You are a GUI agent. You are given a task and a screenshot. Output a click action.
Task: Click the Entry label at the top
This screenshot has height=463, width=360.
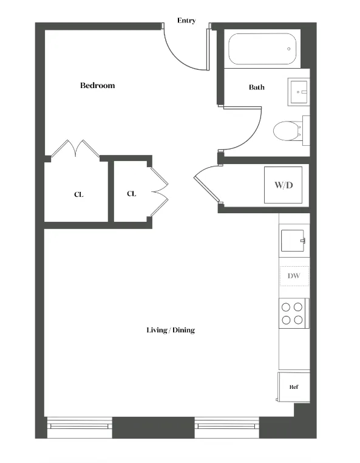coord(186,21)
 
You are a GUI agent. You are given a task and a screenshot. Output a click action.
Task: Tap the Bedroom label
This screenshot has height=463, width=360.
coord(97,86)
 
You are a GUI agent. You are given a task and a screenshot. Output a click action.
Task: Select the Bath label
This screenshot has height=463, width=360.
coord(257,87)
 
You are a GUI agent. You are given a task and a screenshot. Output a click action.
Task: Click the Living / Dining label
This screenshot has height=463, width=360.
coord(171,331)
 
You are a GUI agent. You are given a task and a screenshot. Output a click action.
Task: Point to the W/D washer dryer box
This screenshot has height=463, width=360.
coord(284,185)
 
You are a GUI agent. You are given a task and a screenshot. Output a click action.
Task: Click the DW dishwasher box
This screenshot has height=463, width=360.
coord(294,276)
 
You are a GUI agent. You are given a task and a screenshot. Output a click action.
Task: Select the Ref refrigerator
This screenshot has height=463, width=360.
coord(293,387)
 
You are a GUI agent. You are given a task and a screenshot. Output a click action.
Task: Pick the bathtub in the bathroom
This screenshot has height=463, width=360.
coord(263,49)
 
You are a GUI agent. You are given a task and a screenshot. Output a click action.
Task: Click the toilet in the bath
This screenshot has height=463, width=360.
coord(287,131)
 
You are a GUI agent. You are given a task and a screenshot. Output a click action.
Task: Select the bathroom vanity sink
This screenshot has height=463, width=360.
coord(299,92)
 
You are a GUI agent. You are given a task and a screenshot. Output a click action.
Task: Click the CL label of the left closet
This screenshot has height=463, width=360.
coord(79,195)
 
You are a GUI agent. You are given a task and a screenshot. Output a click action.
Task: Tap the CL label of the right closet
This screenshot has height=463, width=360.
coord(132,194)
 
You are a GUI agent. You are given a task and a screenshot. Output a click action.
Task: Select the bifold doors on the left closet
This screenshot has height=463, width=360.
coord(76,149)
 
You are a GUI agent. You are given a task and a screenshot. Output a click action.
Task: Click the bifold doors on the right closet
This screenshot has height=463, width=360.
coord(159,191)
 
